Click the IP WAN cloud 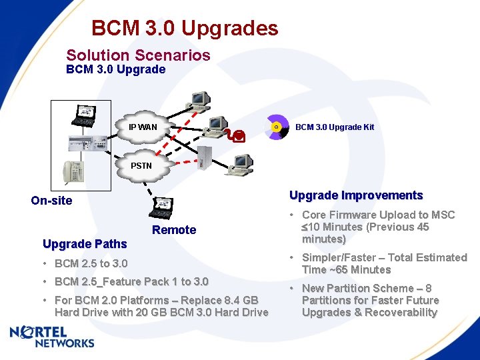click(x=143, y=127)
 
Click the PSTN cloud click(x=141, y=165)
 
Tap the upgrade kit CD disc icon click(x=275, y=127)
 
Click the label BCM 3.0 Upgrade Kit click(x=335, y=127)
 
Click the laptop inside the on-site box click(x=85, y=114)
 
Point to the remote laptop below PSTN click(x=162, y=207)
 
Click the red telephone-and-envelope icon click(x=235, y=136)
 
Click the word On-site click(x=51, y=201)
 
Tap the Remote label click(x=174, y=230)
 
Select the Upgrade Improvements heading click(x=356, y=195)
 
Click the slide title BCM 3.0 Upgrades click(x=185, y=29)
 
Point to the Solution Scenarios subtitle click(x=138, y=55)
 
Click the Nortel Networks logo click(x=52, y=337)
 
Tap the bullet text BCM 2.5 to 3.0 click(x=91, y=263)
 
